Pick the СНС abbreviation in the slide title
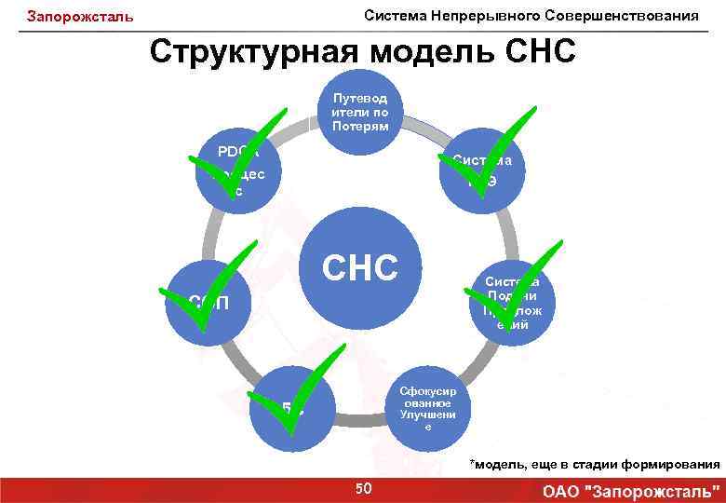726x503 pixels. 540,52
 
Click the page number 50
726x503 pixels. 363,488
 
